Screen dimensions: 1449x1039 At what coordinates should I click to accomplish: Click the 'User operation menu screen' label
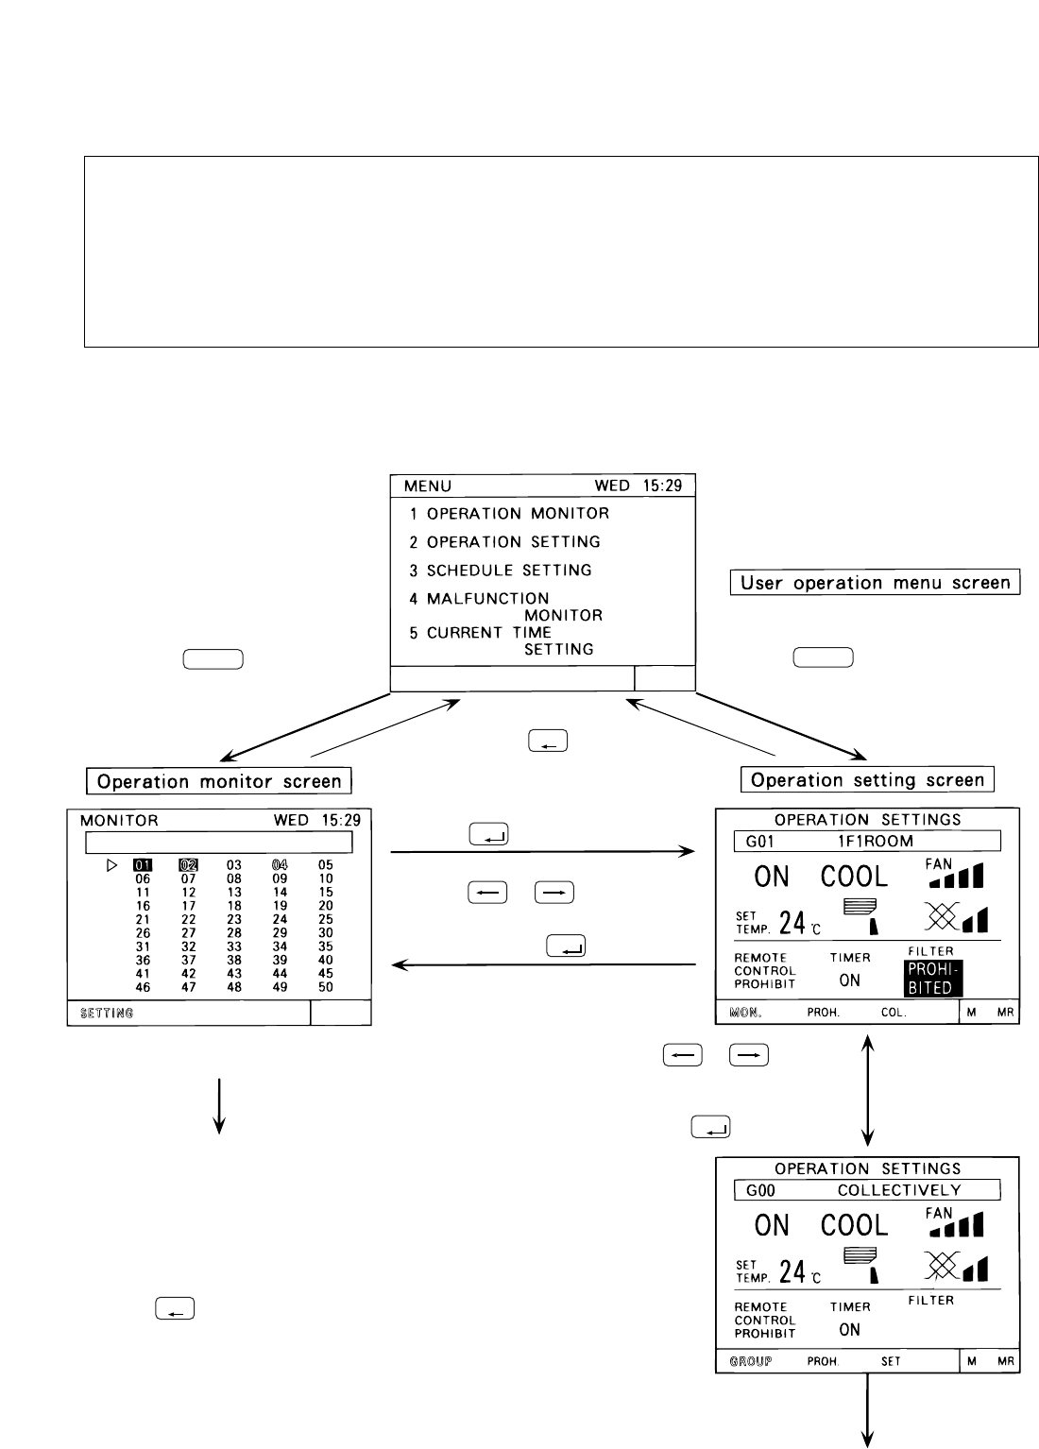click(x=876, y=583)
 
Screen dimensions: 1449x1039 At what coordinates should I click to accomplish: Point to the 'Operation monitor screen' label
click(x=219, y=781)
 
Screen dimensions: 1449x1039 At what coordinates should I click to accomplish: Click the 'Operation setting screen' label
click(x=868, y=780)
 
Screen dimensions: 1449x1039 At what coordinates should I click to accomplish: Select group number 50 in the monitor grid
click(x=326, y=987)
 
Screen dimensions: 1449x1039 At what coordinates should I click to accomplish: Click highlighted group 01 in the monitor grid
click(x=143, y=864)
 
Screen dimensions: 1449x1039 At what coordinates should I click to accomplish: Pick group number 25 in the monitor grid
click(x=326, y=919)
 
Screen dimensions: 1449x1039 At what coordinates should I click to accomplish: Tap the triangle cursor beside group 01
click(x=112, y=864)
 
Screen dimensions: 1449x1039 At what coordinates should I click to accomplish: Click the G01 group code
click(x=760, y=841)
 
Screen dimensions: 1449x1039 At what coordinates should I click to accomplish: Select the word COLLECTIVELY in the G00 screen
click(x=899, y=1190)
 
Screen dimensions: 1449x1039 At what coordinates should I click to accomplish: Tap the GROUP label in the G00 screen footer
click(x=751, y=1361)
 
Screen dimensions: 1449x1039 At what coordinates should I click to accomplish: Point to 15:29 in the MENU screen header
click(x=659, y=486)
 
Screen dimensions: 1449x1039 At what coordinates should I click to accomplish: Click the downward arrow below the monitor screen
click(x=219, y=1102)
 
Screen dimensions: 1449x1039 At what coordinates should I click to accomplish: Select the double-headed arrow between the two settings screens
click(x=868, y=1090)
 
